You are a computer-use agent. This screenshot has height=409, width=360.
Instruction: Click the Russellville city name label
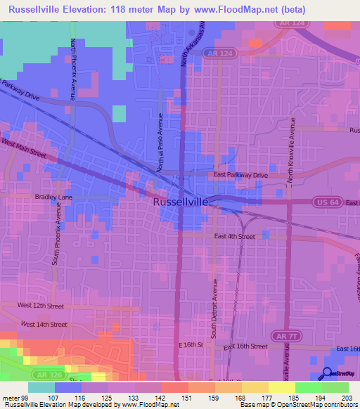coord(181,202)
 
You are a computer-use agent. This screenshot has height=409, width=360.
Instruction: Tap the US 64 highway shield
coord(325,202)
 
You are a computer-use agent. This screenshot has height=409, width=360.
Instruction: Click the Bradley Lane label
coord(34,198)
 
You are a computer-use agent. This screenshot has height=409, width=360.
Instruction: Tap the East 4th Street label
coord(236,237)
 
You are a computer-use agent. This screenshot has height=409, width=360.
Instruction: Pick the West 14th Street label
coord(44,324)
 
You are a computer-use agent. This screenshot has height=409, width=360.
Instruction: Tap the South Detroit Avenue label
coord(213,306)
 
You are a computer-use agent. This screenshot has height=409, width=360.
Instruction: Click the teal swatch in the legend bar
coord(41,387)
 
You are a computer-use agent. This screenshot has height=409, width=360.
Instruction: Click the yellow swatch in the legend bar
coord(281,387)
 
